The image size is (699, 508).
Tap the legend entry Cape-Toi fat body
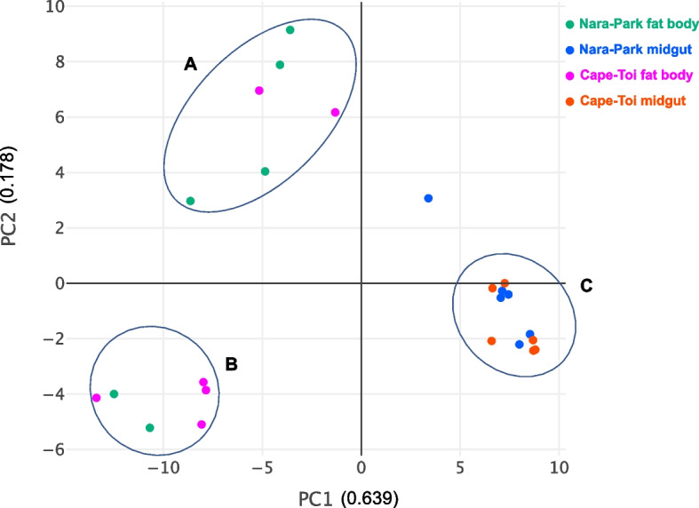(x=630, y=75)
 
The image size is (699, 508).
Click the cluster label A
(x=189, y=64)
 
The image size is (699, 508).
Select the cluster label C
(x=585, y=286)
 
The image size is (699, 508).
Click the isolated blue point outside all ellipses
(x=428, y=198)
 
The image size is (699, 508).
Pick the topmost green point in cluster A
(x=290, y=30)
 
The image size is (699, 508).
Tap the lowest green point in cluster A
(x=190, y=201)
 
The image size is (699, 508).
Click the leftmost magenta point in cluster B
(x=96, y=398)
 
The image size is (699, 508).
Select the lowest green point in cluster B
(x=149, y=428)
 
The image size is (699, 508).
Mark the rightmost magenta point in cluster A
(x=335, y=112)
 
